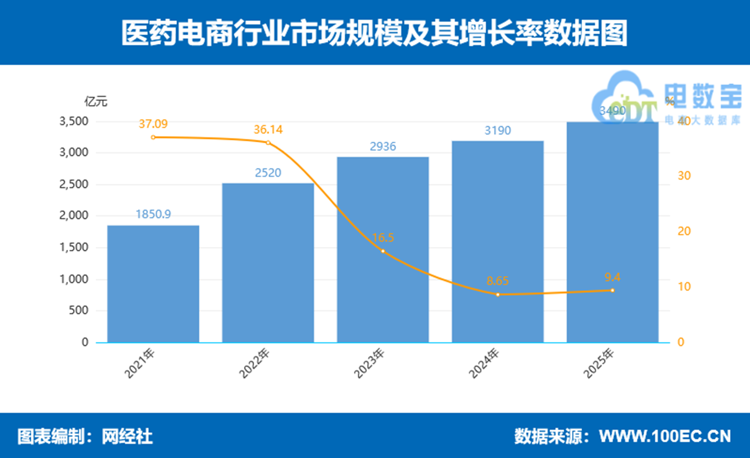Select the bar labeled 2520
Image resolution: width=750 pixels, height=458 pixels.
pyautogui.click(x=268, y=263)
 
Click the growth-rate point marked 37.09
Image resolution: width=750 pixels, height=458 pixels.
pyautogui.click(x=153, y=137)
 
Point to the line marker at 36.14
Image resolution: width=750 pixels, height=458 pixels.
pyautogui.click(x=268, y=143)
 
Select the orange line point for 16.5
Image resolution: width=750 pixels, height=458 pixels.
pyautogui.click(x=383, y=251)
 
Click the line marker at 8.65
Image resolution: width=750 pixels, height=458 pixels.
pyautogui.click(x=498, y=295)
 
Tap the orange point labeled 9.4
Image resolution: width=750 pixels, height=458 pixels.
pyautogui.click(x=612, y=291)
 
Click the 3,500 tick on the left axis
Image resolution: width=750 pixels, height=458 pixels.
pyautogui.click(x=74, y=121)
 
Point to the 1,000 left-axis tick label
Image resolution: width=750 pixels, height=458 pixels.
pyautogui.click(x=74, y=279)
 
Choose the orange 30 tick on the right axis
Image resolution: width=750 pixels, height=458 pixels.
pyautogui.click(x=684, y=176)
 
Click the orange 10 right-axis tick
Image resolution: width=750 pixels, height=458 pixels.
pyautogui.click(x=684, y=287)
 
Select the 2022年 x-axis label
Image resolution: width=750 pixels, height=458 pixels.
pyautogui.click(x=255, y=363)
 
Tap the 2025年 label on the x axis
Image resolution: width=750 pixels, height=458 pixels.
pyautogui.click(x=599, y=363)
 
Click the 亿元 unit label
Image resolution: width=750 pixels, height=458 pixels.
pyautogui.click(x=96, y=101)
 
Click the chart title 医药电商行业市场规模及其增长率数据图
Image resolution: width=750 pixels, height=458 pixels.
pyautogui.click(x=374, y=33)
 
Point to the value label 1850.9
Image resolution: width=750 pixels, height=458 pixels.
pyautogui.click(x=153, y=214)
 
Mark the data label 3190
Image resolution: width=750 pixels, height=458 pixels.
pyautogui.click(x=497, y=131)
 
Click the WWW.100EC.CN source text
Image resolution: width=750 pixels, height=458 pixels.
pyautogui.click(x=665, y=436)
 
